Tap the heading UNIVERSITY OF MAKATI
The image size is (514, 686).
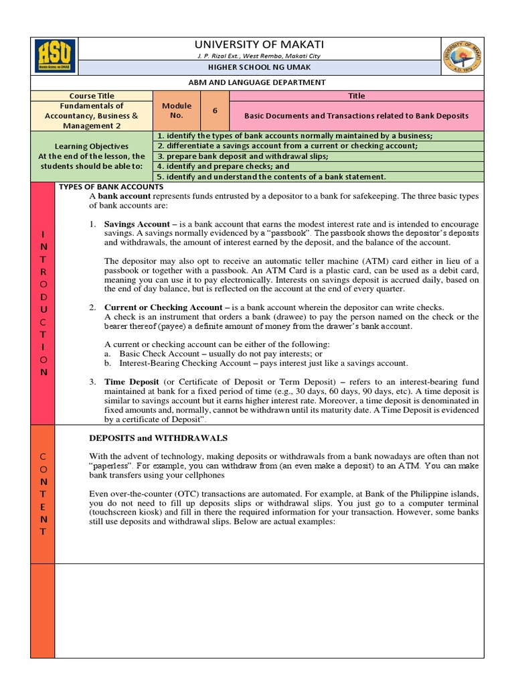[x=257, y=44]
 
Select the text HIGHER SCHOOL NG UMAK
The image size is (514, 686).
[x=257, y=68]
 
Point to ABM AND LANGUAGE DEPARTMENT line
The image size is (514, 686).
[x=257, y=82]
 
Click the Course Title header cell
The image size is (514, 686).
[x=92, y=96]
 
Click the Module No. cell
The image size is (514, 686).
[x=177, y=111]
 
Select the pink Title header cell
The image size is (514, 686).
[x=356, y=96]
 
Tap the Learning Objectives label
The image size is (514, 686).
[x=92, y=146]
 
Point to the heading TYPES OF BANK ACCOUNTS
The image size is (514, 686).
[x=111, y=186]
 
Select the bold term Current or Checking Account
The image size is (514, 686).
[x=163, y=307]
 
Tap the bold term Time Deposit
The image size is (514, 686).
[x=132, y=381]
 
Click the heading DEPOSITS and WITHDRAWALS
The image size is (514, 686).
[x=159, y=437]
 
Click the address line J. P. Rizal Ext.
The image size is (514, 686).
[x=257, y=55]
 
